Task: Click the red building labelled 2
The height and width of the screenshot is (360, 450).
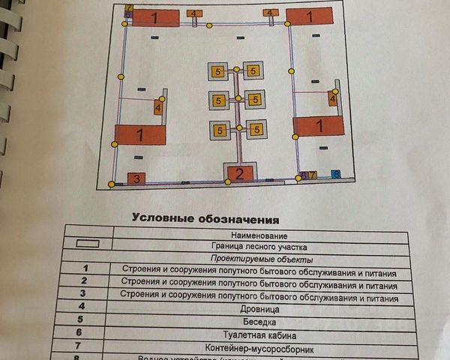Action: (239, 175)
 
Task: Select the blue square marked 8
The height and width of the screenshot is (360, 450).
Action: (336, 174)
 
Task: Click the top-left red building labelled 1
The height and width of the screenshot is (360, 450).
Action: (154, 17)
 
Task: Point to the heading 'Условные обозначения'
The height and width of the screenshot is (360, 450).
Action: (205, 219)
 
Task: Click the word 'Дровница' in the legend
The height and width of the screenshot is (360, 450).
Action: (261, 308)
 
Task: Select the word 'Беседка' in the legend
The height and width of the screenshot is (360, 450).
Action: (261, 322)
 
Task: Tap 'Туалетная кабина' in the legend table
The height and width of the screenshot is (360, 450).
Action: (261, 335)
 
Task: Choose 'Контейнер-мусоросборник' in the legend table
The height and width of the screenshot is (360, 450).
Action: (261, 349)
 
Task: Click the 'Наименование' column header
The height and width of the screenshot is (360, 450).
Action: (261, 235)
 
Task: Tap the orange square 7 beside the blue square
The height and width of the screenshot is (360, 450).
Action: (313, 175)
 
